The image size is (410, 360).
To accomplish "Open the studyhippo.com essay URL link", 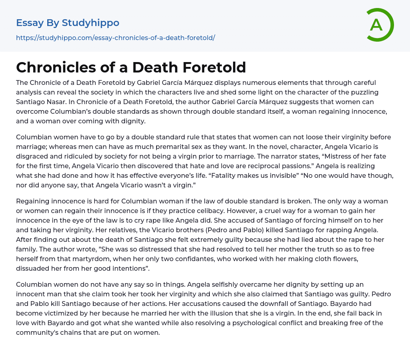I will (115, 38).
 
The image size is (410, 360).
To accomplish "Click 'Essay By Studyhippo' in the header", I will (68, 23).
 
